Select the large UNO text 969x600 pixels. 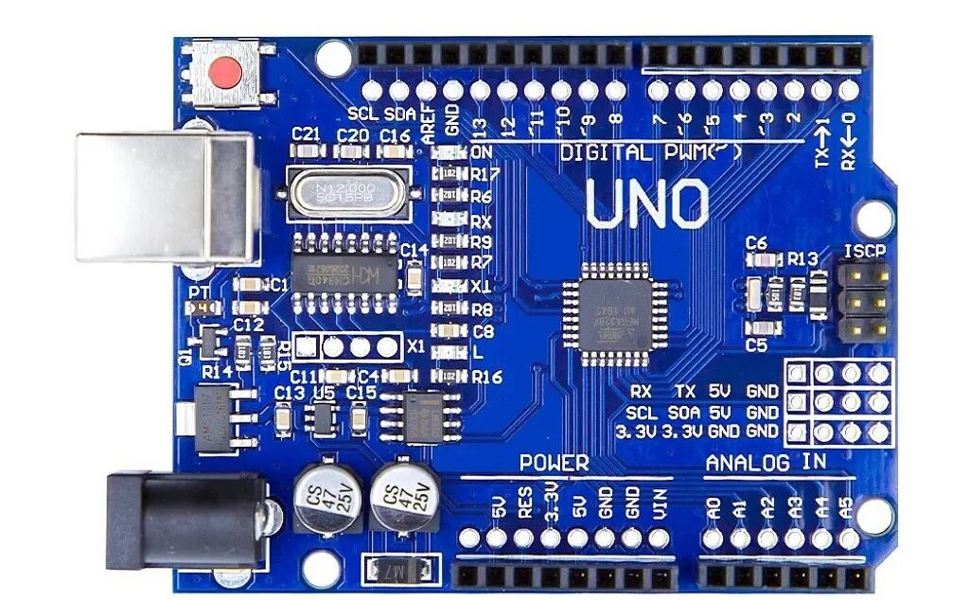647,203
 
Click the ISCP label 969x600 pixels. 865,252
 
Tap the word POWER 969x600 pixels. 554,464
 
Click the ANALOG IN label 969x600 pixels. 766,463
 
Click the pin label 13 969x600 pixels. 480,124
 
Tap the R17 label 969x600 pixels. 485,174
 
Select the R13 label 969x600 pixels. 802,259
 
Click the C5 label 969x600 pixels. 755,345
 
